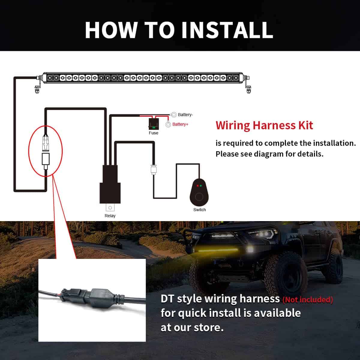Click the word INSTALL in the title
point(227,30)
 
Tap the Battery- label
point(185,115)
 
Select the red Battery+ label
point(180,124)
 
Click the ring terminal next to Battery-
point(174,115)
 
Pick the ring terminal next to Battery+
point(168,124)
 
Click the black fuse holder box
point(154,124)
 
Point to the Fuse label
point(153,133)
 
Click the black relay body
point(110,184)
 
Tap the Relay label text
point(110,216)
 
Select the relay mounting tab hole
point(110,208)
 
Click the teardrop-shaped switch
point(199,192)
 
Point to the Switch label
point(199,210)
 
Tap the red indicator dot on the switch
point(198,186)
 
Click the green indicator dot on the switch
point(201,186)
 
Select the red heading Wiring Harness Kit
point(264,125)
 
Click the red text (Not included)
point(308,300)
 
